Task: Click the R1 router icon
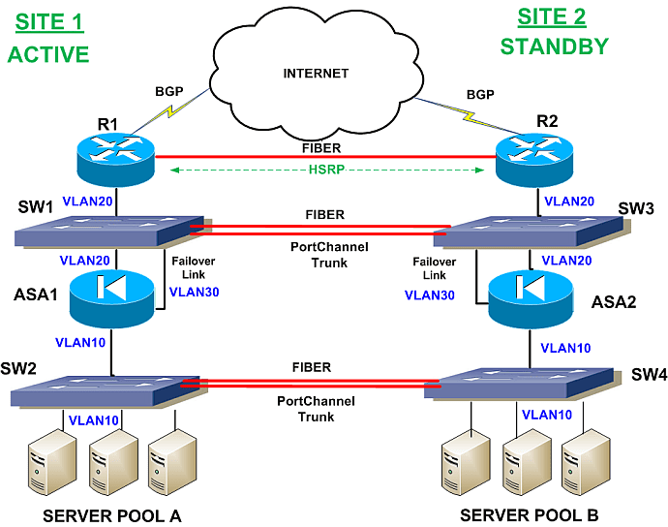coord(115,160)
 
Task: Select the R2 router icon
coord(534,160)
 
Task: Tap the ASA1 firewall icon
coord(111,298)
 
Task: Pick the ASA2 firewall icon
coord(531,299)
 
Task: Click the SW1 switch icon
coord(113,232)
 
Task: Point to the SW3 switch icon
coord(531,232)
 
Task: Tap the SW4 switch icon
coord(523,384)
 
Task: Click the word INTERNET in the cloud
coord(316,74)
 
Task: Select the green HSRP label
coord(326,170)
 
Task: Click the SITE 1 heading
coord(49,22)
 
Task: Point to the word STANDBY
coord(555,46)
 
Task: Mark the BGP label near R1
coord(169,91)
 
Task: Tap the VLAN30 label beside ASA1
coord(195,292)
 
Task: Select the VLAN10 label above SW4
coord(565,348)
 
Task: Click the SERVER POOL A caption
coord(112,516)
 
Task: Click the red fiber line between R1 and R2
coord(325,157)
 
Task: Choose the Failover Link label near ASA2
coord(434,268)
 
